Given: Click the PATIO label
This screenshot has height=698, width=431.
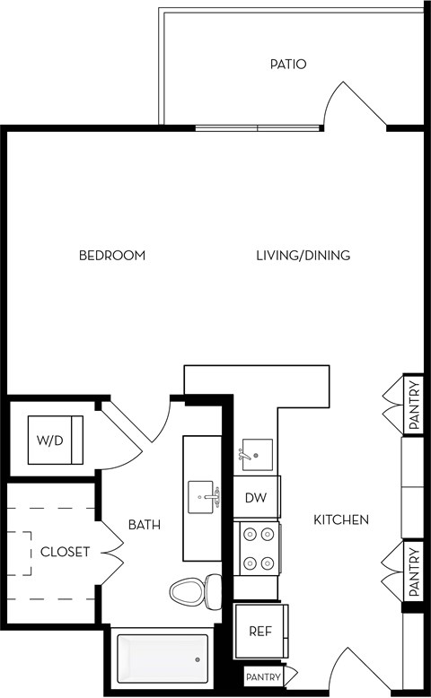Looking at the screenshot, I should click(x=288, y=65).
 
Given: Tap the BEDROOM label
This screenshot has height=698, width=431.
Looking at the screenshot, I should click(x=112, y=256).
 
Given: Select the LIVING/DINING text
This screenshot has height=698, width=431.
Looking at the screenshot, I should click(x=303, y=256).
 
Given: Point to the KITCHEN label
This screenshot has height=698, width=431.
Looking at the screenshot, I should click(x=341, y=519).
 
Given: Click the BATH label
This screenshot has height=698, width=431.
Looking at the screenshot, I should click(x=144, y=524).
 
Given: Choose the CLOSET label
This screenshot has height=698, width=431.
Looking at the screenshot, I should click(x=65, y=552).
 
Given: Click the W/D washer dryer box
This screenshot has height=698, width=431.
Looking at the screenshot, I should click(x=55, y=440).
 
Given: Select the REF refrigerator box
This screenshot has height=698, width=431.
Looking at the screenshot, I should click(x=259, y=630).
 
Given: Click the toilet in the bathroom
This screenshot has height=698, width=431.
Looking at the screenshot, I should click(x=194, y=591).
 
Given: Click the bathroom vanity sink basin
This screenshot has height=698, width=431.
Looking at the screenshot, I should click(x=203, y=494).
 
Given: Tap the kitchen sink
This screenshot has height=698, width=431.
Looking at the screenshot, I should click(x=256, y=456).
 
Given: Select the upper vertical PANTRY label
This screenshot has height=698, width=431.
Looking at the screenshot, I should click(x=413, y=406).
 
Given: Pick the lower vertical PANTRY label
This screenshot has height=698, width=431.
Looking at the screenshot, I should click(x=413, y=571).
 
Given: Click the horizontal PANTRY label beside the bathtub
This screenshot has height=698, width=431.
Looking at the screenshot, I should click(x=263, y=677).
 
